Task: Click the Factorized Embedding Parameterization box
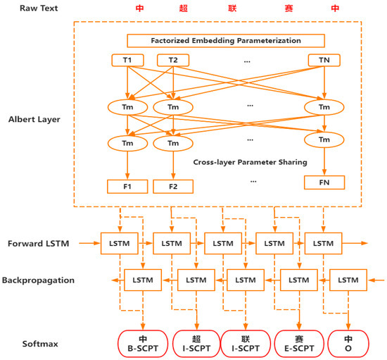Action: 226,40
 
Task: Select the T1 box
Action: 127,61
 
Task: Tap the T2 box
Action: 173,61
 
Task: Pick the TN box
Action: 324,61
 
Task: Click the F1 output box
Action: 127,187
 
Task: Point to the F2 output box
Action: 173,187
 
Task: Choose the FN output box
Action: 324,182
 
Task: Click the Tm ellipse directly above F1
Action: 127,143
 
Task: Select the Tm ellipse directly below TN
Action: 324,106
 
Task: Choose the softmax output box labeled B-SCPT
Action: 142,342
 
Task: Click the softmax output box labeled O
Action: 348,342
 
